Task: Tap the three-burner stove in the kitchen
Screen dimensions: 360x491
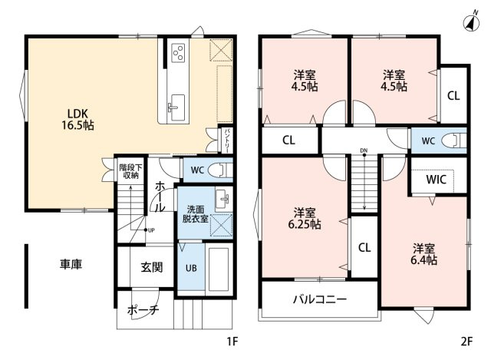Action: (178, 52)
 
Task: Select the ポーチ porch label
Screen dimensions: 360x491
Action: (143, 310)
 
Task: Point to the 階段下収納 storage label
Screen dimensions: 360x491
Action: (129, 170)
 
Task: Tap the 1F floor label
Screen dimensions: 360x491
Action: (233, 341)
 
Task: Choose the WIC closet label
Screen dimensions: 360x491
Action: (437, 179)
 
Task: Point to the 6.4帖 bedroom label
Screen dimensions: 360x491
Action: (424, 254)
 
